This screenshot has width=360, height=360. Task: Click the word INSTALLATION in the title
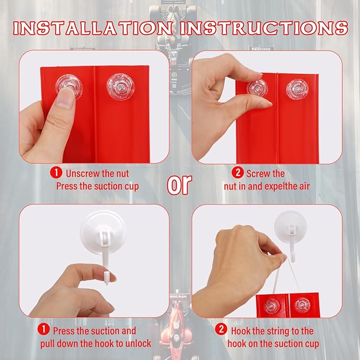(93, 28)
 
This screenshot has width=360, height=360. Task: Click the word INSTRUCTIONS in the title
(264, 28)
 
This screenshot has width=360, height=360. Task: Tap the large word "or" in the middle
(179, 185)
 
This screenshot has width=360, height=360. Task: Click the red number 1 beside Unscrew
(56, 173)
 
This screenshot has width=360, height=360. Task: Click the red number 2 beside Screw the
(238, 173)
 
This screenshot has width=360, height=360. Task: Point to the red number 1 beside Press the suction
(43, 330)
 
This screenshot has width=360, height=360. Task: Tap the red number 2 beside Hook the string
(221, 330)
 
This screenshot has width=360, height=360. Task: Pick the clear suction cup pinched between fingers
(257, 89)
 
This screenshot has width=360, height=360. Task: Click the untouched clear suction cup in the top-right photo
(297, 89)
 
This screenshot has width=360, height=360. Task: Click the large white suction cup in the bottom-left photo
(103, 232)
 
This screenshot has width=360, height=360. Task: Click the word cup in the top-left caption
(132, 187)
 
